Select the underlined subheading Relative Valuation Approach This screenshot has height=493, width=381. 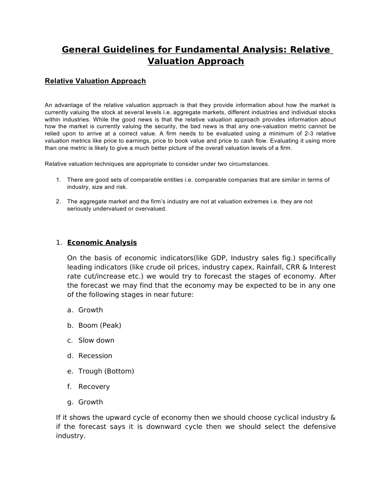pos(95,81)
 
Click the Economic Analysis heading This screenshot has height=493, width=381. pos(102,242)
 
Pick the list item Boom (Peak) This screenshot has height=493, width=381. pos(100,325)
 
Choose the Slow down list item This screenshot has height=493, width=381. pos(96,340)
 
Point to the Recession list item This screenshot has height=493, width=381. pos(95,356)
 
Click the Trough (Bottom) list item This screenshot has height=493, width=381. pos(106,371)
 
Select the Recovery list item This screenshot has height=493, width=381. pos(94,386)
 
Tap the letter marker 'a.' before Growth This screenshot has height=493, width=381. pos(70,310)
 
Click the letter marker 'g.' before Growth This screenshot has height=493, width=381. pos(70,402)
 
